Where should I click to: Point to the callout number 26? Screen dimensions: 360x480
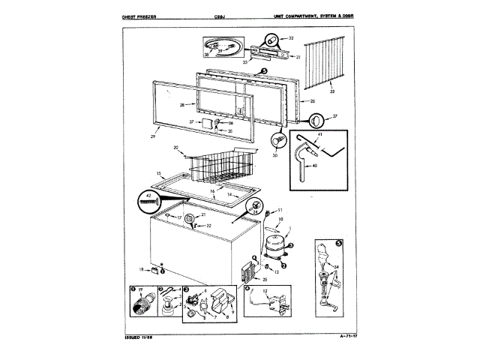(x=312, y=101)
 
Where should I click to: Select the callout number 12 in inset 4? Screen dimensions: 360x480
(x=264, y=290)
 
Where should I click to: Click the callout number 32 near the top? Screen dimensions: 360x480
(x=292, y=37)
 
